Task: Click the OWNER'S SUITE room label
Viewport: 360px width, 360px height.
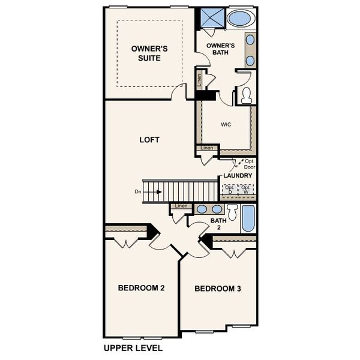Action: (x=149, y=53)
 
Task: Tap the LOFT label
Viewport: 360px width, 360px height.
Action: (x=149, y=140)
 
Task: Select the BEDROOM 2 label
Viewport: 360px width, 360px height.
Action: (x=141, y=288)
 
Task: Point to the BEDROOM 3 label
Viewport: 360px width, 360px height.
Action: (x=218, y=289)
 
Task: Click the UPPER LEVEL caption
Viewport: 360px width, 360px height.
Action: (x=133, y=347)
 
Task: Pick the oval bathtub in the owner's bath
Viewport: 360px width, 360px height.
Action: (x=240, y=18)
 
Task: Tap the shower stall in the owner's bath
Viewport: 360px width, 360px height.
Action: (x=211, y=18)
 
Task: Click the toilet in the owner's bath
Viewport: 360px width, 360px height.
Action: (x=245, y=95)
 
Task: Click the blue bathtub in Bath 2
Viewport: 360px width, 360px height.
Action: (x=248, y=218)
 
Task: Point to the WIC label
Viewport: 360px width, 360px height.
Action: (x=226, y=125)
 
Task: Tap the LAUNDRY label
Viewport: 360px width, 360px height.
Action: (x=238, y=175)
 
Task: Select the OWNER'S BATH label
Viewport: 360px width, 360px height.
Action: (x=221, y=49)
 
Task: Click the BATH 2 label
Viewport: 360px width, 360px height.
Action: (x=218, y=224)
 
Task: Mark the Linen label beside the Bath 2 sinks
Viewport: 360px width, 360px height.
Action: (x=181, y=206)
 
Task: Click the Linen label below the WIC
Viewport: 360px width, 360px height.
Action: (x=207, y=148)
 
